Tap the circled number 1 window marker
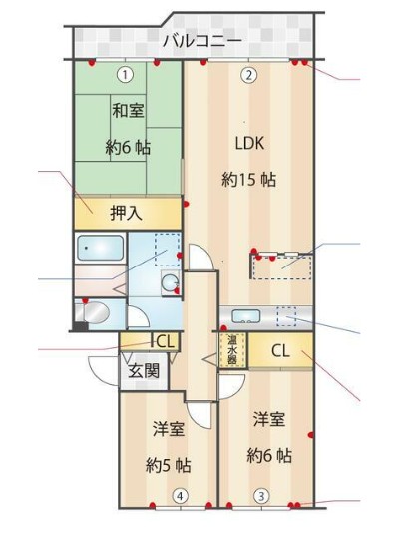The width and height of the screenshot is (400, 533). [124, 73]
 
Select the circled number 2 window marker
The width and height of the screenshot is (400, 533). [249, 73]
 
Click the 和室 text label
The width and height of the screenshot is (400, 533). [127, 110]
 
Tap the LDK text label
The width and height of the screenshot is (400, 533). [249, 142]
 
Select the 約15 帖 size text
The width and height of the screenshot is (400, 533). [248, 180]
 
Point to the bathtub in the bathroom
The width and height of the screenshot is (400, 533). [98, 247]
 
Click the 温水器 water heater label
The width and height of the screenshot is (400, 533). [231, 350]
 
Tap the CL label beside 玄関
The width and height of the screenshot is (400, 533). [163, 341]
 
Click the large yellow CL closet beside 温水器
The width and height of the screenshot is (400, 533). [280, 350]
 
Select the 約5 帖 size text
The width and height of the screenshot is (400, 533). [168, 465]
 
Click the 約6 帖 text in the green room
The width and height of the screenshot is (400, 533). [128, 146]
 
